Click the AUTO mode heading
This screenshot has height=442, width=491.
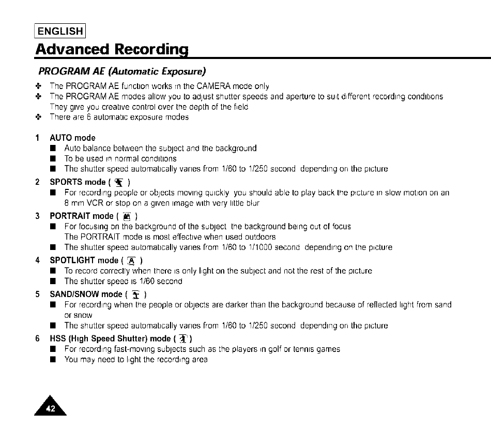click(72, 138)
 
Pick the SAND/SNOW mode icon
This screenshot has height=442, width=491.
click(136, 294)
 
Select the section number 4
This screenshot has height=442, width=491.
click(38, 260)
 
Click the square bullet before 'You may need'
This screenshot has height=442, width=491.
click(53, 360)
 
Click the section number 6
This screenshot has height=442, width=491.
click(38, 338)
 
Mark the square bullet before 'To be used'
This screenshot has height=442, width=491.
click(53, 158)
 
